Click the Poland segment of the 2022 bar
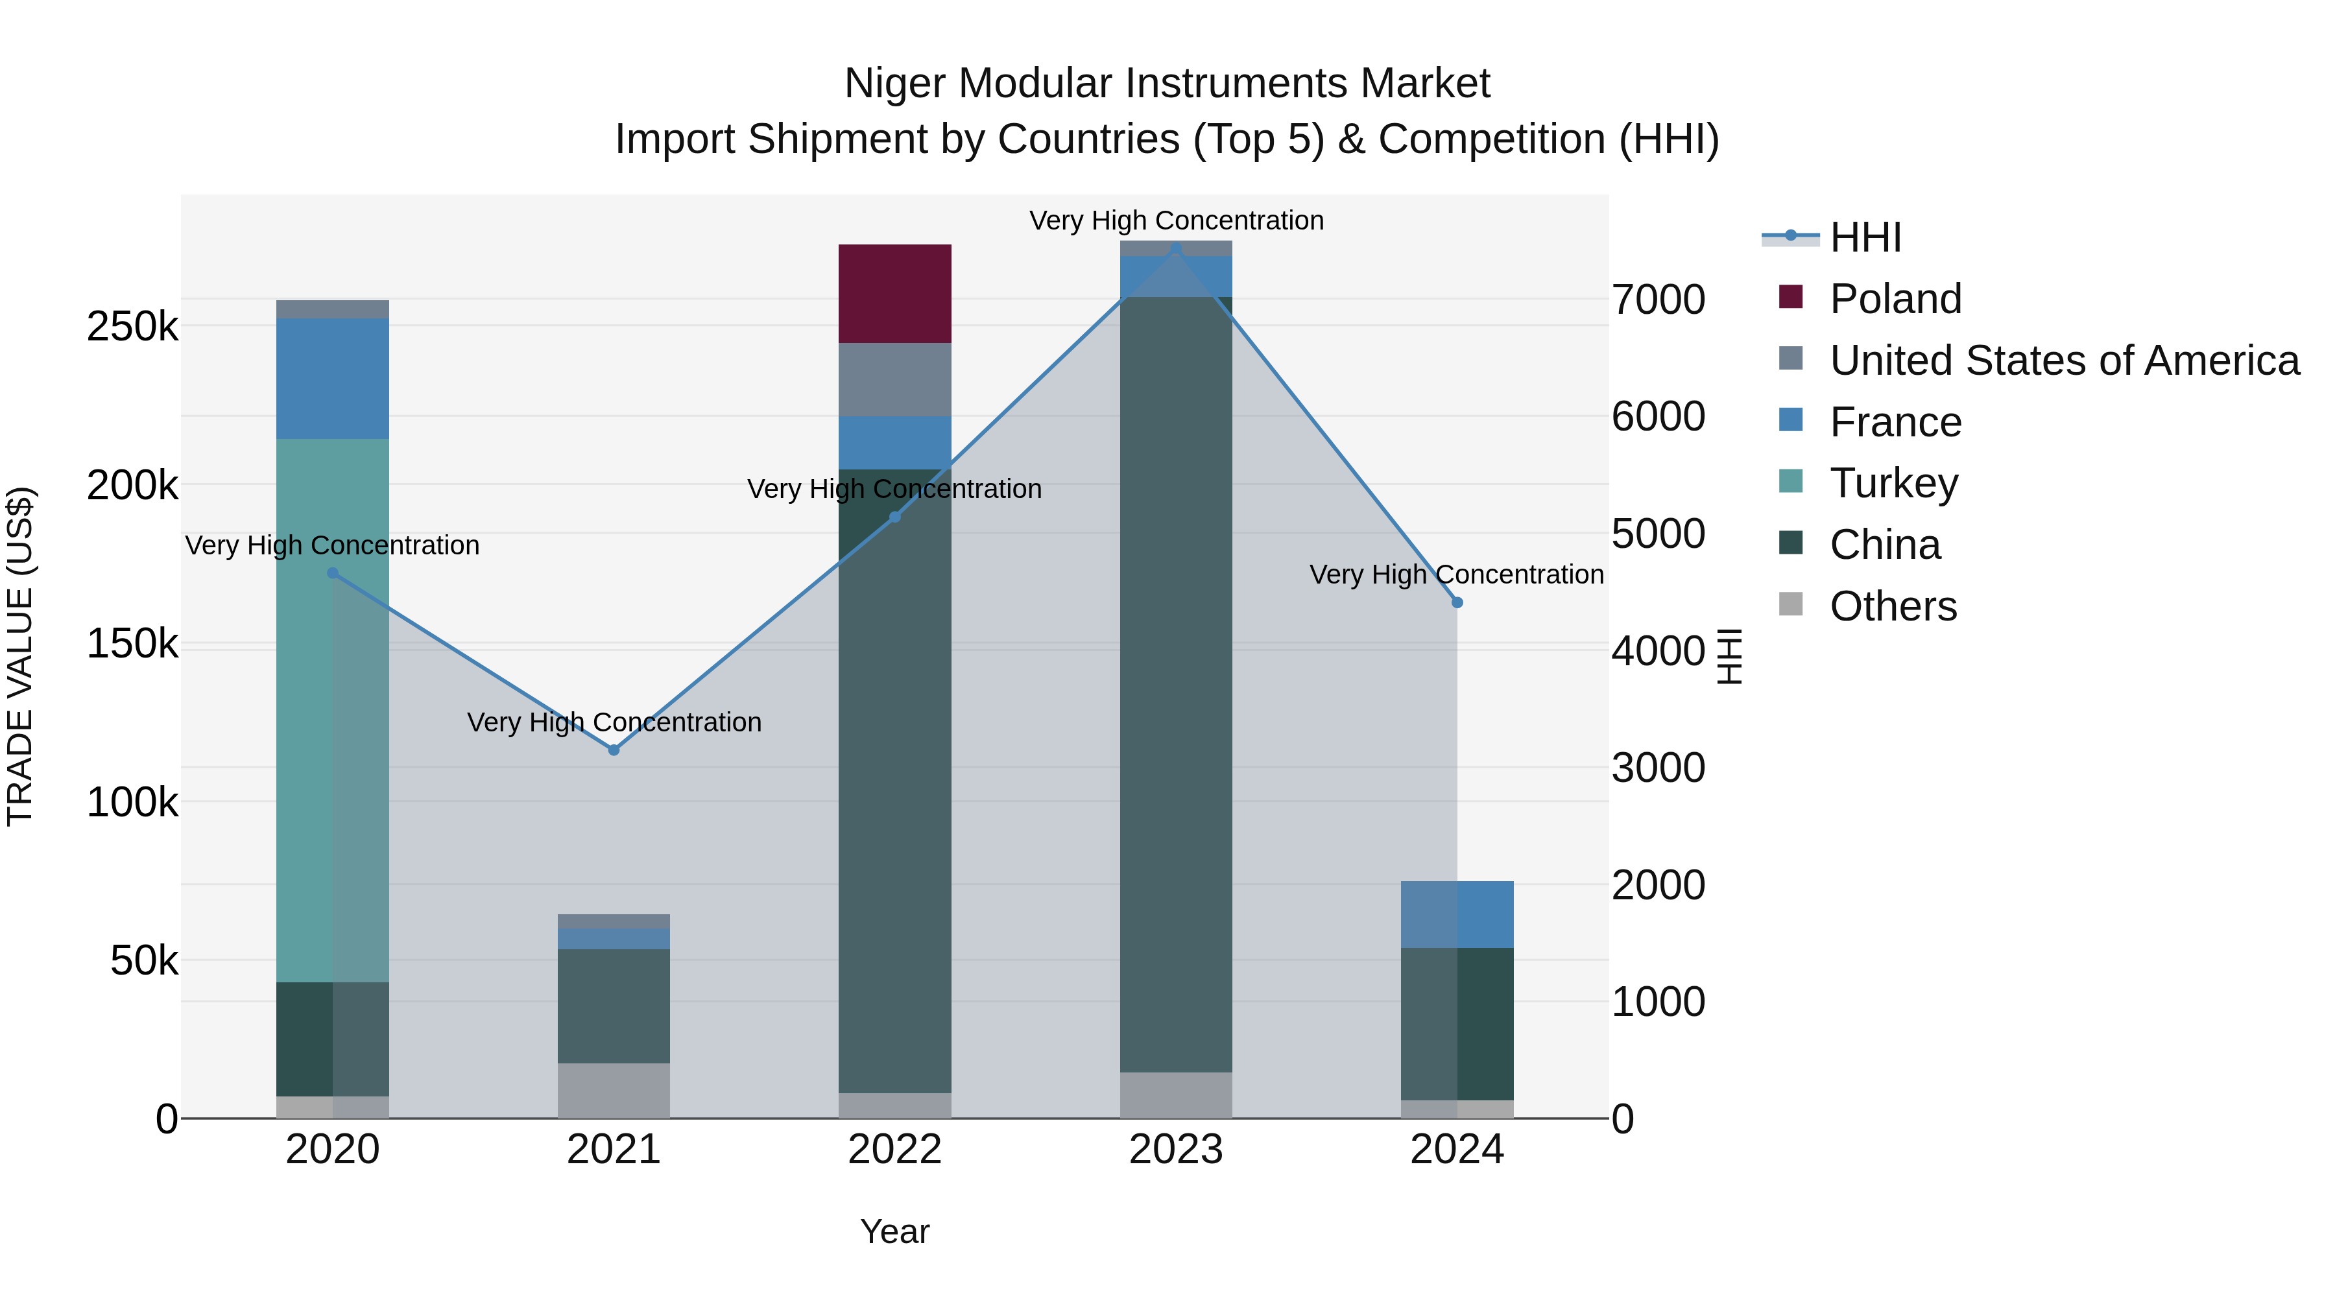click(894, 294)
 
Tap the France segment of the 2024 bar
click(1457, 914)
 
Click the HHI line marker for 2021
click(614, 750)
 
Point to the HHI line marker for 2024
click(1457, 602)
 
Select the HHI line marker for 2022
click(894, 517)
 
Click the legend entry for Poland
click(1895, 299)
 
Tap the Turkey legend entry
click(1893, 483)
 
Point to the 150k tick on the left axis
click(132, 645)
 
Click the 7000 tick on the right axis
click(1658, 300)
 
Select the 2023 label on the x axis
click(1176, 1150)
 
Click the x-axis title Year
click(894, 1231)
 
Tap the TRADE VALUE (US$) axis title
click(21, 656)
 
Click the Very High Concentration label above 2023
click(1176, 220)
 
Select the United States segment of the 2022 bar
click(894, 380)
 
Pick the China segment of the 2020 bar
click(331, 1039)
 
